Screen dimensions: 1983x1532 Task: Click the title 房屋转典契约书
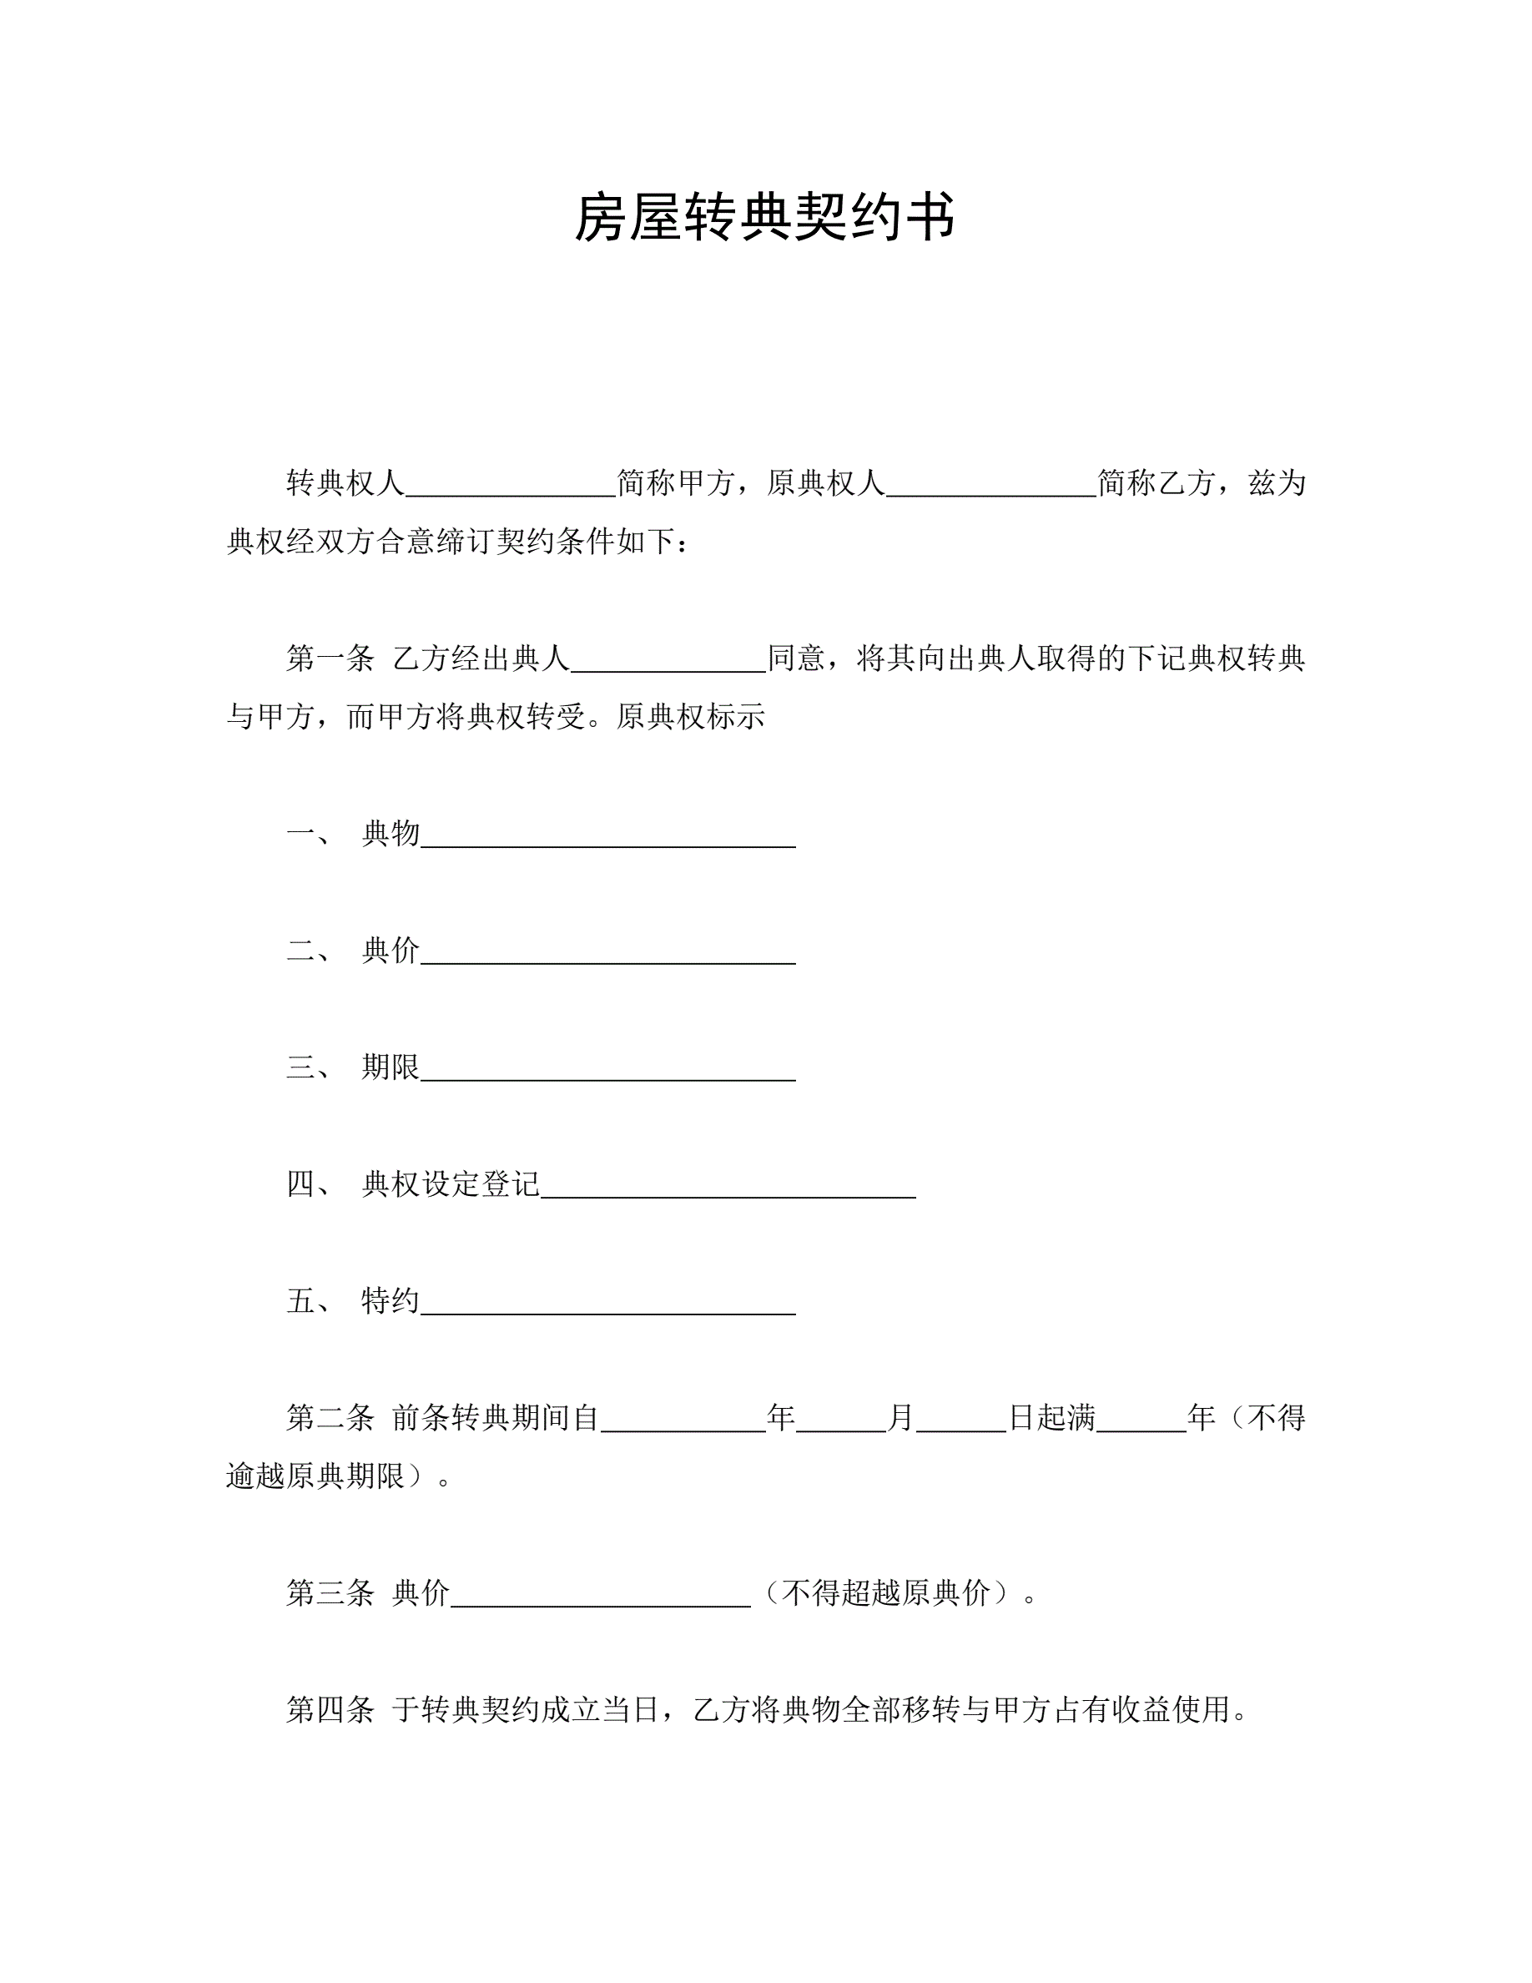pyautogui.click(x=765, y=219)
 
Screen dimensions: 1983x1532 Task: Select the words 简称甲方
pyautogui.click(x=675, y=483)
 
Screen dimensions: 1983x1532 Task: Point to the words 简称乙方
pyautogui.click(x=1156, y=483)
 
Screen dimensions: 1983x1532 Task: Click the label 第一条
pyautogui.click(x=330, y=658)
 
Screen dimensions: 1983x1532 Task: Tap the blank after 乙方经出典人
pyautogui.click(x=669, y=661)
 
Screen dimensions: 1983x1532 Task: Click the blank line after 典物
pyautogui.click(x=608, y=836)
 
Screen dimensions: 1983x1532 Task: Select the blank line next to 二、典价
pyautogui.click(x=608, y=953)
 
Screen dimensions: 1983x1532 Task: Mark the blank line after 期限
pyautogui.click(x=608, y=1070)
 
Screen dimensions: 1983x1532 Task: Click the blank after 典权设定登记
pyautogui.click(x=728, y=1187)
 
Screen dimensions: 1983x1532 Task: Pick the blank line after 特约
pyautogui.click(x=608, y=1304)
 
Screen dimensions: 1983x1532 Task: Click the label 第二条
pyautogui.click(x=330, y=1417)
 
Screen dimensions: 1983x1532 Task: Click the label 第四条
pyautogui.click(x=330, y=1710)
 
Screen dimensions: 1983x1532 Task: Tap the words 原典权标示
pyautogui.click(x=691, y=717)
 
